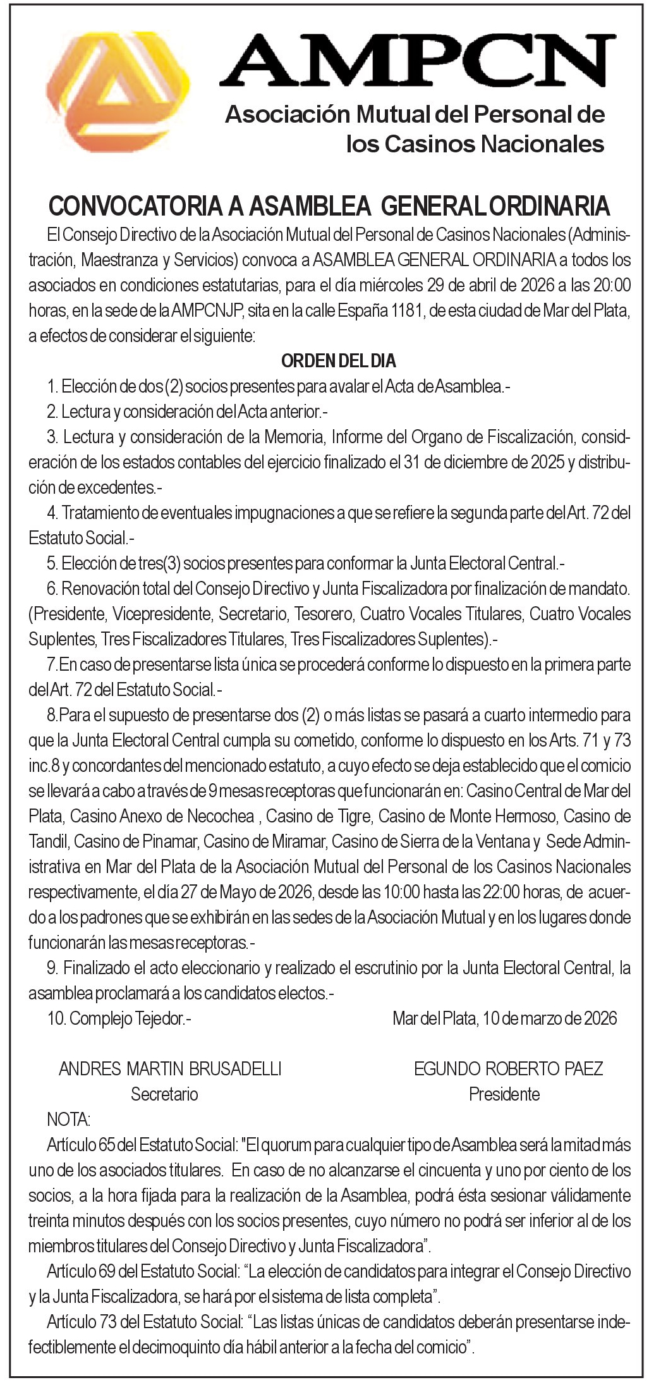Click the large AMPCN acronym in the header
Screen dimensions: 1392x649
(x=417, y=61)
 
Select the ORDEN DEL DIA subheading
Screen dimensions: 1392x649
(x=338, y=361)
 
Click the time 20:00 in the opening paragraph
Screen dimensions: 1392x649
(x=611, y=285)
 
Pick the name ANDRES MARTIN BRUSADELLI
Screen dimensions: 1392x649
(x=170, y=1068)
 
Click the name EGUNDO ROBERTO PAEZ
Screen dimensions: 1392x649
(x=508, y=1068)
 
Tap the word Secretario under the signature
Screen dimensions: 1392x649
(x=164, y=1094)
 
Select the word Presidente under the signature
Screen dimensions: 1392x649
(x=504, y=1094)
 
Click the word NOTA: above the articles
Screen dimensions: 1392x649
(x=69, y=1120)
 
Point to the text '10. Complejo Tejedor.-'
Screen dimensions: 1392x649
(x=119, y=1018)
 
